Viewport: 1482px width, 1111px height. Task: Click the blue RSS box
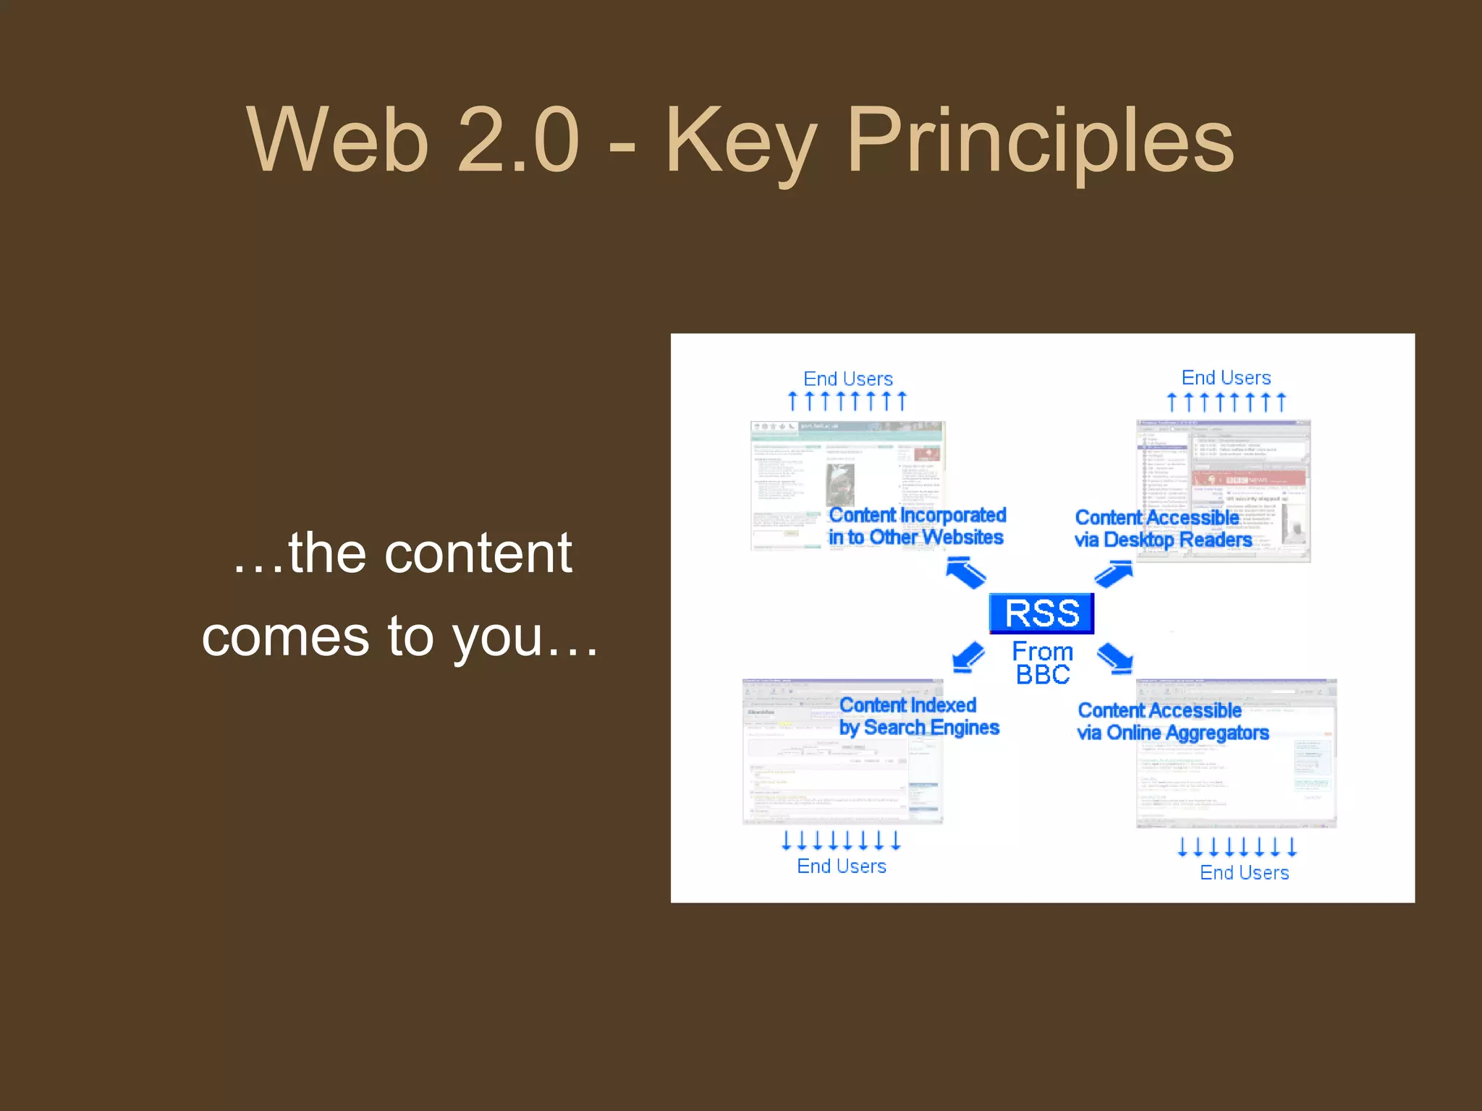1041,613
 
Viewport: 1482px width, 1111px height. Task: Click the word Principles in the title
1040,141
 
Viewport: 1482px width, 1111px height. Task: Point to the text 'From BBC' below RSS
1042,663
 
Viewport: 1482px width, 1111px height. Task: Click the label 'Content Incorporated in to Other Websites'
917,526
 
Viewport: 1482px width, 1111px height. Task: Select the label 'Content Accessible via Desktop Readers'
1162,529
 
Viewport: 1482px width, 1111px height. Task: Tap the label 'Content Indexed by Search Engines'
918,716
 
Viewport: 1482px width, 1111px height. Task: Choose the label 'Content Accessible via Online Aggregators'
1172,721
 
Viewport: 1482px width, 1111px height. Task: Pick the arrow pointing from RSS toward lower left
968,657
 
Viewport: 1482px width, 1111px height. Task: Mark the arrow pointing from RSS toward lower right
1115,658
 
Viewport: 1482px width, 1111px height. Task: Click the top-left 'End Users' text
848,378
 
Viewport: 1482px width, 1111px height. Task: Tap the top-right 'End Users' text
1226,378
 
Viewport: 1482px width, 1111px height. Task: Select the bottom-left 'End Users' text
842,866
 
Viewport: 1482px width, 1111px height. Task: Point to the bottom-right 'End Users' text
1244,872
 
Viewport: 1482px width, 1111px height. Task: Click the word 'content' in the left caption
478,553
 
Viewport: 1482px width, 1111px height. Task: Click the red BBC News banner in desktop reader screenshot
1249,479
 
